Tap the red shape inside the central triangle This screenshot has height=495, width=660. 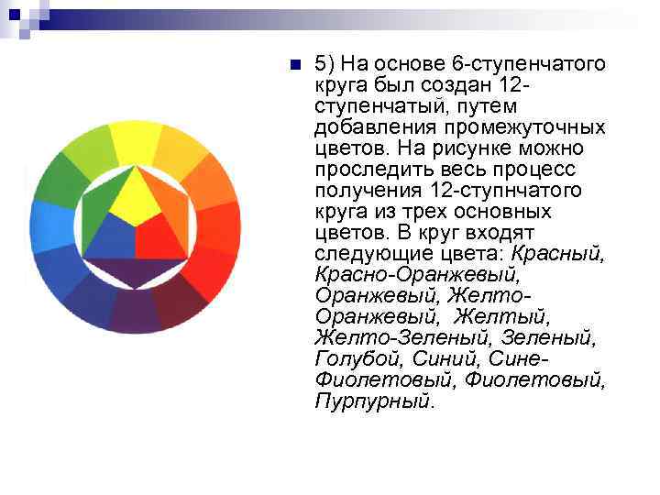pos(159,237)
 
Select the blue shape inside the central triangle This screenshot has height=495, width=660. pos(112,236)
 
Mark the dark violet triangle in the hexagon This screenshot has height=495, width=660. pos(136,272)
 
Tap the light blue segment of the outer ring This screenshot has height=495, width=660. pos(48,225)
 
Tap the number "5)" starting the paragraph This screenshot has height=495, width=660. pos(326,64)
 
